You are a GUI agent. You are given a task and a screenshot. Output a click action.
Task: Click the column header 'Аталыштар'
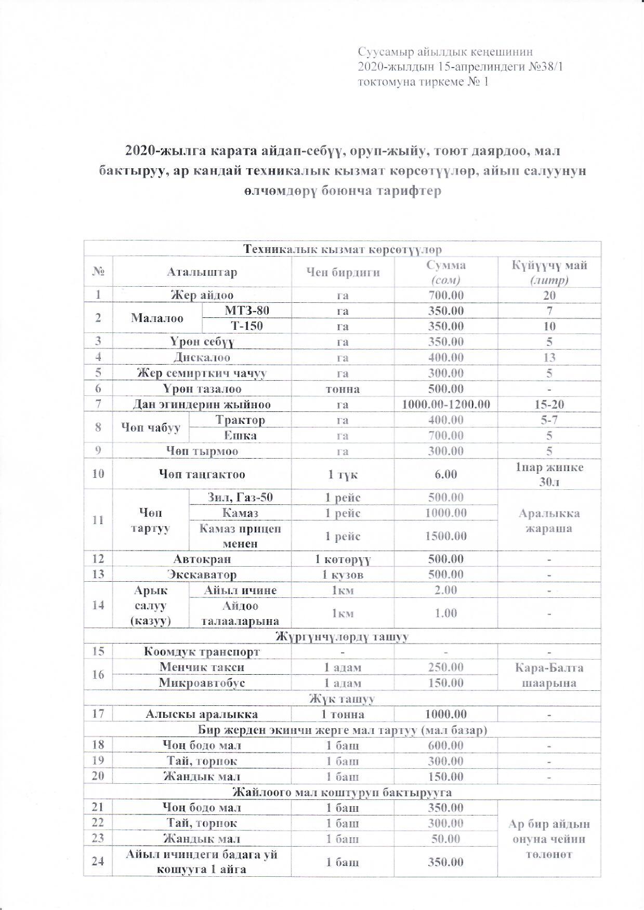click(x=202, y=272)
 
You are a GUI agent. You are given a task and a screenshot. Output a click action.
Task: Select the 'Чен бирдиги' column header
click(x=342, y=272)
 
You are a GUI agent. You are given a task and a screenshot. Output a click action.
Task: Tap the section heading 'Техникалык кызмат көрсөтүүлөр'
click(x=343, y=249)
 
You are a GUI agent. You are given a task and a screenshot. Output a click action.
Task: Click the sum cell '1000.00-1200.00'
click(x=445, y=404)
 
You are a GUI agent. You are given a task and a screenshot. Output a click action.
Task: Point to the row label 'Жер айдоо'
click(x=202, y=296)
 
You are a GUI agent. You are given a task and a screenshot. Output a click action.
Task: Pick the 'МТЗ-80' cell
click(x=246, y=311)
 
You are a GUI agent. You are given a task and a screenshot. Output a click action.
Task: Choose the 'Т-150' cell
click(x=246, y=326)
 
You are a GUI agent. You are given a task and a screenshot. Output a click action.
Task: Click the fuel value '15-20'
click(x=549, y=404)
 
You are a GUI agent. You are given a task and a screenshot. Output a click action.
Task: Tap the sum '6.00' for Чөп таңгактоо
click(x=445, y=474)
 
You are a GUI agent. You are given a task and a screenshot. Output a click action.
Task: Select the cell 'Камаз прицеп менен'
click(x=240, y=536)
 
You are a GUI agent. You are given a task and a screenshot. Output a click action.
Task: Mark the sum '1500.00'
click(x=445, y=536)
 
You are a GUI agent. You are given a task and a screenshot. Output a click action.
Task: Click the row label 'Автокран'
click(x=202, y=559)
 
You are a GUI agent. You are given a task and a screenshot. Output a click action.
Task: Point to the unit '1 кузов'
click(x=342, y=574)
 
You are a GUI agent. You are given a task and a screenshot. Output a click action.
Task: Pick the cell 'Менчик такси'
click(x=202, y=667)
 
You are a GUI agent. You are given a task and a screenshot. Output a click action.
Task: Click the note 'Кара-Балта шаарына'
click(x=549, y=675)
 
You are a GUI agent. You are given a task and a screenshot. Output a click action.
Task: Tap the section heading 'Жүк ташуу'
click(x=343, y=699)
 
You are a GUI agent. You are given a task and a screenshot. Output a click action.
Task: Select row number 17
click(x=98, y=714)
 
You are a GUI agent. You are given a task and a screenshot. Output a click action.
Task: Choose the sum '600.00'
click(x=445, y=745)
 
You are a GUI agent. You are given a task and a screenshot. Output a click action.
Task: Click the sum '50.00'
click(x=445, y=838)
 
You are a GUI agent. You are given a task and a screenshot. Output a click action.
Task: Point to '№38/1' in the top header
click(x=546, y=66)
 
